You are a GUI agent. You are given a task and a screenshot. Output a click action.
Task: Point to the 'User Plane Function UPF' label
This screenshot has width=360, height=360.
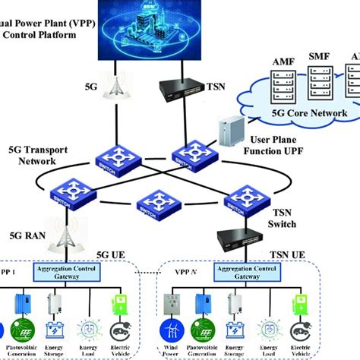point(283,146)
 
